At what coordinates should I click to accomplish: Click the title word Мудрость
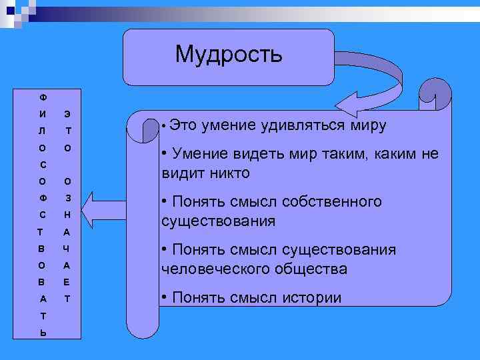click(x=229, y=54)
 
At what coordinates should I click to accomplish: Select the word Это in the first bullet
click(x=182, y=125)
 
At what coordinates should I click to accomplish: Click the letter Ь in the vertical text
click(x=42, y=333)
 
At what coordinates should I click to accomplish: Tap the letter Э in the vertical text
click(x=67, y=113)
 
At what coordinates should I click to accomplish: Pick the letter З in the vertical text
click(x=67, y=198)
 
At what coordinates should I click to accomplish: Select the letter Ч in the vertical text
click(x=67, y=249)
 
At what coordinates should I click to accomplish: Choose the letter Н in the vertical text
click(x=67, y=215)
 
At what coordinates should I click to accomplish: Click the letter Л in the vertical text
click(x=42, y=131)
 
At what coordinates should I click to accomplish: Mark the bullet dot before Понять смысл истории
click(x=165, y=298)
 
